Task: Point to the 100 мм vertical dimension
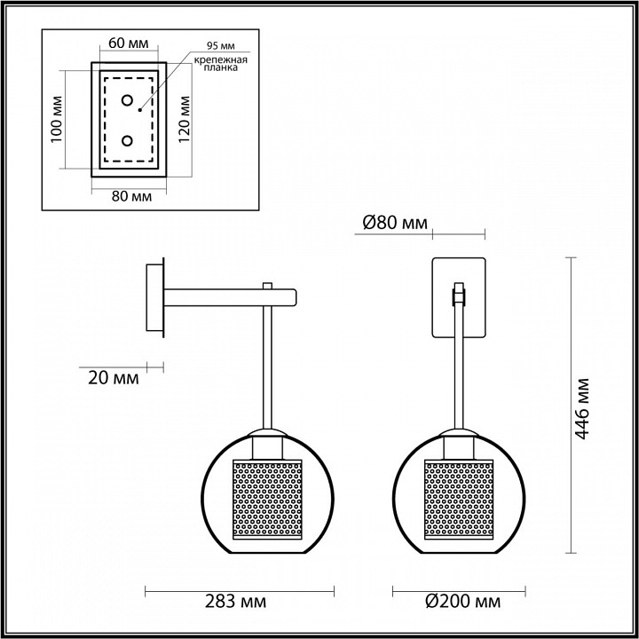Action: pos(55,122)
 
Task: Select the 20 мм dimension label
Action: pos(114,378)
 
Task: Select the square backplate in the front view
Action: pos(458,297)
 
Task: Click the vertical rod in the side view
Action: pos(266,373)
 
